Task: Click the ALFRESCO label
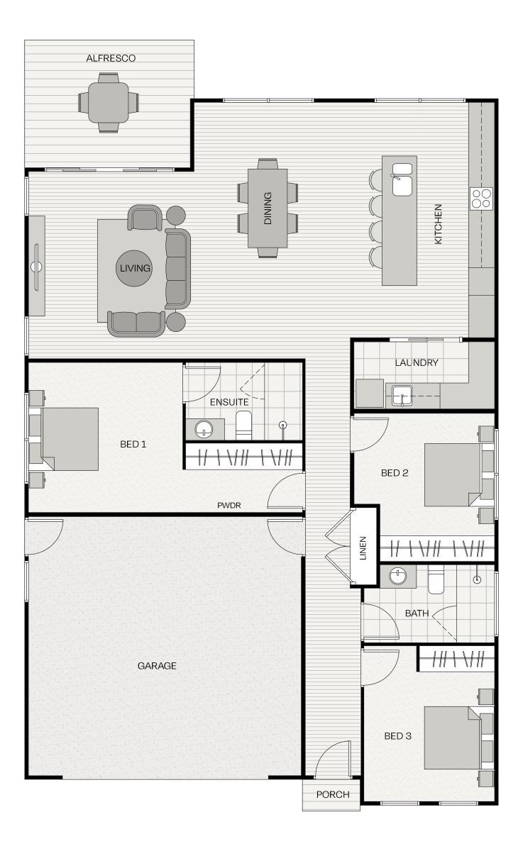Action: [x=111, y=58]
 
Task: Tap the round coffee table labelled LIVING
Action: [x=134, y=268]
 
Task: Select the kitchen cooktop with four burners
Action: [x=482, y=199]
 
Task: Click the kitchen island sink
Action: [x=402, y=179]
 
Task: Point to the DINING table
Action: [x=268, y=208]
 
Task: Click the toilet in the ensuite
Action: [x=243, y=425]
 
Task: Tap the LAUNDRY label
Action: [x=417, y=363]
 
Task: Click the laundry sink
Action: [x=402, y=396]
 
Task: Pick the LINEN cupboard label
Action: [x=363, y=547]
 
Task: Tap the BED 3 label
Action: [x=397, y=736]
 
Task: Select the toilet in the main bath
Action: [x=436, y=579]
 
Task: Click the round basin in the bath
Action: [x=398, y=576]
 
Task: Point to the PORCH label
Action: [x=333, y=794]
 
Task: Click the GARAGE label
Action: [x=157, y=666]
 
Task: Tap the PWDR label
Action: [x=229, y=505]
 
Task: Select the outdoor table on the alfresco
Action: [x=109, y=103]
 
